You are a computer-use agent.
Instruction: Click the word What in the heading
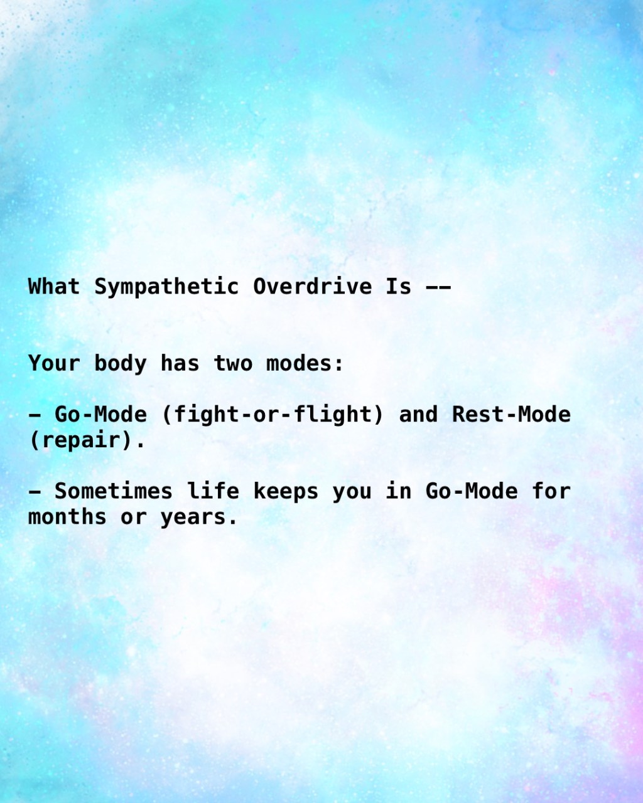point(54,286)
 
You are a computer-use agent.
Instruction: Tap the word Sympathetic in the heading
point(166,287)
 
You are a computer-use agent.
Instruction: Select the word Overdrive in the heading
point(312,286)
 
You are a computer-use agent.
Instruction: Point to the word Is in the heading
point(398,286)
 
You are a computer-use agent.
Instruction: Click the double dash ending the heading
point(438,287)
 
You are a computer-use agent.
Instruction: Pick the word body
point(121,363)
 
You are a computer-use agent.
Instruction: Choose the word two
point(233,363)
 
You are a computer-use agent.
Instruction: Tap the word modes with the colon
point(305,363)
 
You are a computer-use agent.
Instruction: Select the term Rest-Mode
point(511,414)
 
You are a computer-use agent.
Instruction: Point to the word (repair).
point(87,440)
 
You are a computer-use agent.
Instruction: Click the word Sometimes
point(114,491)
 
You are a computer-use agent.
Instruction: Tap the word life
point(213,491)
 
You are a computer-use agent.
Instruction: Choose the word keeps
point(286,492)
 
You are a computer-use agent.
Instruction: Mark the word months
point(67,517)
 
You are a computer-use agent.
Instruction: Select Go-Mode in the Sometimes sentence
point(472,491)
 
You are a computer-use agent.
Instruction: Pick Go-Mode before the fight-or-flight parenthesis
point(101,414)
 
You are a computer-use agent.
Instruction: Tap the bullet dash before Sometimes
point(35,492)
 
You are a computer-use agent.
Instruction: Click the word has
point(180,363)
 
